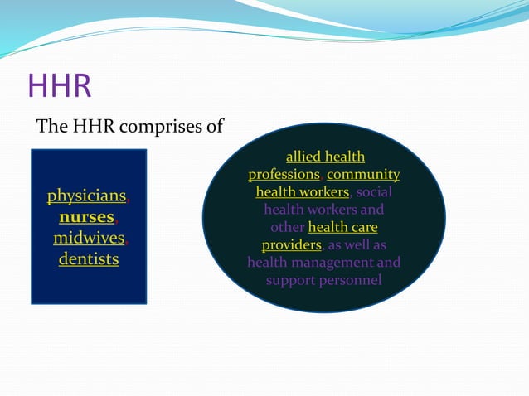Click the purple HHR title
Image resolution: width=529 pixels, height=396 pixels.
60,85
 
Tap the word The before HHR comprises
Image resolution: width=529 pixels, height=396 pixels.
52,126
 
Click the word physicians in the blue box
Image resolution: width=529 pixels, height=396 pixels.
86,196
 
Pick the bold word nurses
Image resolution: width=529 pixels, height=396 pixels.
87,217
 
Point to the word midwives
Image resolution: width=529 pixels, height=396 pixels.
89,238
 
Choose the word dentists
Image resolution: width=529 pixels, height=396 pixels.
89,258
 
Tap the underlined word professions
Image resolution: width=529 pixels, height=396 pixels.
284,175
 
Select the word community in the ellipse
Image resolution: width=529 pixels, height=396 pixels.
363,175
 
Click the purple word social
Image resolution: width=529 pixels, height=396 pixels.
374,191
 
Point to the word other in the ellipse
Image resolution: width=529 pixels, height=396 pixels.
288,227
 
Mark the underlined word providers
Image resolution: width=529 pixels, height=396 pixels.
292,245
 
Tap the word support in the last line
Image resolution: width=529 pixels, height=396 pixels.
290,281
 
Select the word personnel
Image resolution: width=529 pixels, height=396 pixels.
350,280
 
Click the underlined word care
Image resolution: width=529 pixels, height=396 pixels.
366,228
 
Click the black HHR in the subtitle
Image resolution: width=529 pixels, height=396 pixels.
94,127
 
